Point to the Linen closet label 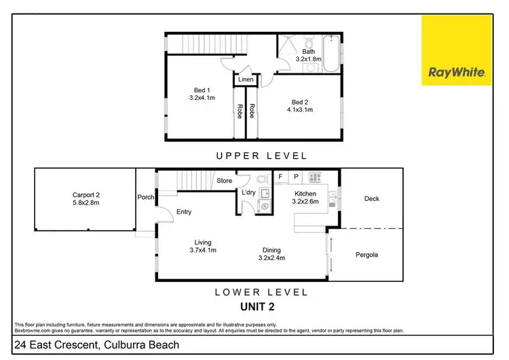pos(246,80)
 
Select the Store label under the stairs pos(224,181)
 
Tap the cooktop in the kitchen pos(315,177)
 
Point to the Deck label pos(371,199)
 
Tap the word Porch pos(146,198)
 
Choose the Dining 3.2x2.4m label pos(271,253)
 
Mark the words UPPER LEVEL pos(261,156)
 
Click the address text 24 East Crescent pos(98,345)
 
